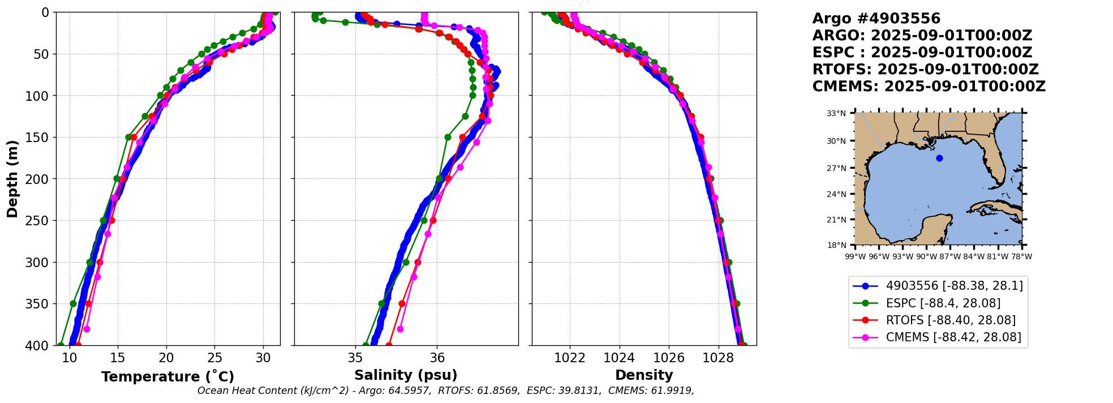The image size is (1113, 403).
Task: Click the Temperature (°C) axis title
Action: click(x=167, y=376)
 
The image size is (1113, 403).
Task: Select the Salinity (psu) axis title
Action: click(x=406, y=375)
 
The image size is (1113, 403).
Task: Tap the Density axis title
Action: click(x=644, y=375)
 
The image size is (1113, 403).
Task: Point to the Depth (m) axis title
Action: click(x=12, y=179)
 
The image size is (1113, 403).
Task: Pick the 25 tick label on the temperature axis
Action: click(x=214, y=358)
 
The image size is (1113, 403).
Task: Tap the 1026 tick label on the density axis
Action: click(x=669, y=358)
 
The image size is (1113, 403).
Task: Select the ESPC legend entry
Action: click(x=943, y=303)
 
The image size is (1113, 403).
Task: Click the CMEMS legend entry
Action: click(x=953, y=337)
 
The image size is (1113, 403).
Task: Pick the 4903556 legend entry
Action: click(x=954, y=286)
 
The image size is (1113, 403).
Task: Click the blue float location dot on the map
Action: click(x=939, y=158)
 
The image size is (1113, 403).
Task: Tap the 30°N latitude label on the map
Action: click(x=836, y=141)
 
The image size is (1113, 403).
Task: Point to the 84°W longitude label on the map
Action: click(x=974, y=256)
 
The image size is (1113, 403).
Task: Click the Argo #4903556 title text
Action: click(x=876, y=19)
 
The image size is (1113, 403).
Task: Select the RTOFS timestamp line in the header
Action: click(x=925, y=70)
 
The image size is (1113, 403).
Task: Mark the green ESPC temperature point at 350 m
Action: click(x=73, y=304)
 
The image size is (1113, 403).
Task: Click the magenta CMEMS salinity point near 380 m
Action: click(x=400, y=329)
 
